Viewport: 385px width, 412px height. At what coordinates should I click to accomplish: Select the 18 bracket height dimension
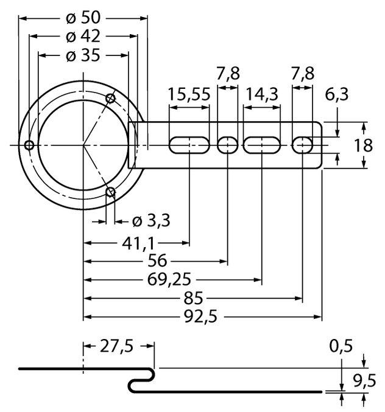[371, 145]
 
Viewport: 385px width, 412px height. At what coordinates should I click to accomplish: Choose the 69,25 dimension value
[166, 280]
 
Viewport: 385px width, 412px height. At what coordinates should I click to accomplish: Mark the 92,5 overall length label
[202, 316]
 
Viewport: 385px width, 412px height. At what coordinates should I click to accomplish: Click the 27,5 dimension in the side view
[117, 346]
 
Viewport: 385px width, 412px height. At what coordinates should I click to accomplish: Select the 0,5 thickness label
[341, 346]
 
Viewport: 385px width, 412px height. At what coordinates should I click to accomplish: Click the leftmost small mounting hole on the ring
[29, 145]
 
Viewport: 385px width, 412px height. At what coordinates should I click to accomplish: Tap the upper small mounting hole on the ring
[111, 98]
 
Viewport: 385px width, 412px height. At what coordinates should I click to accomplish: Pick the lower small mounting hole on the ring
[111, 193]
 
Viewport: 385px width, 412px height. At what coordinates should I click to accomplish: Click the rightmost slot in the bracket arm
[303, 145]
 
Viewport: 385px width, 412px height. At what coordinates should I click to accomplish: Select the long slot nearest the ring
[189, 145]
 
